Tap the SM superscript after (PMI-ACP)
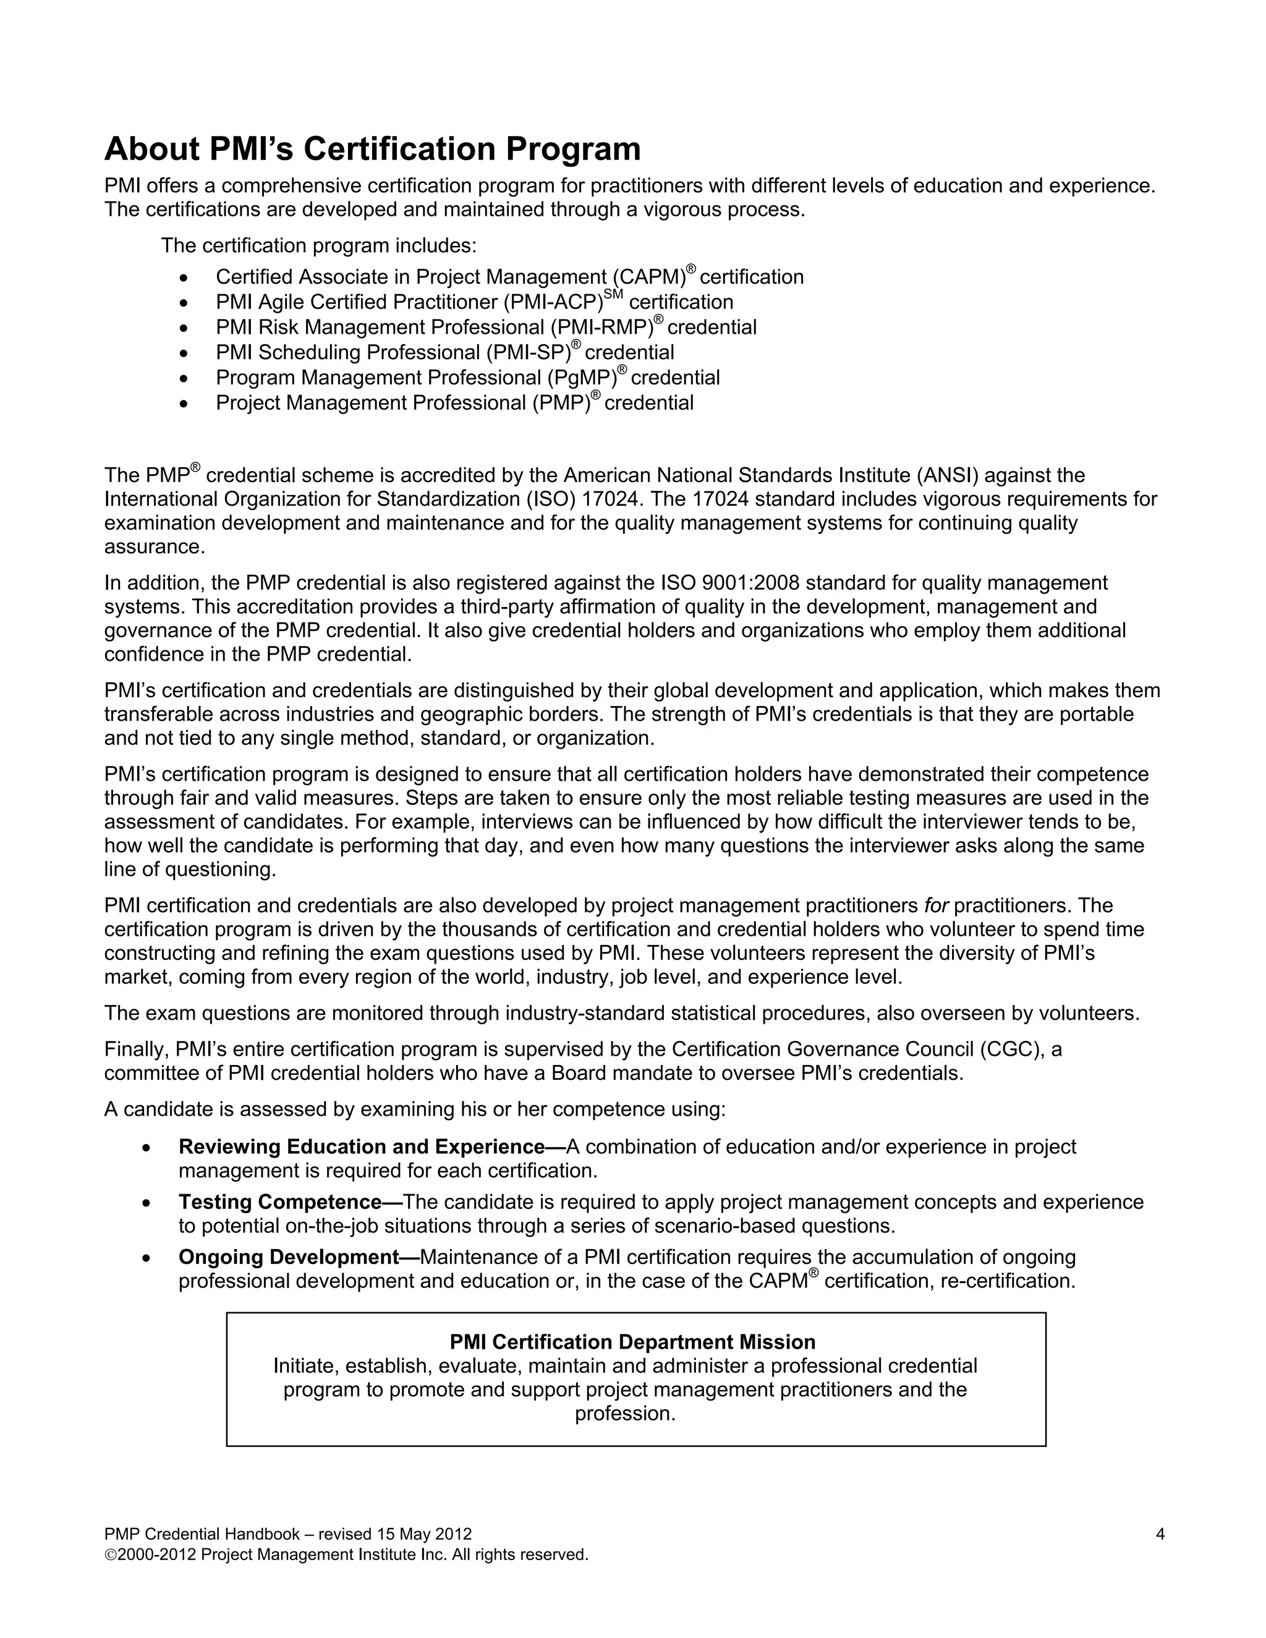[613, 294]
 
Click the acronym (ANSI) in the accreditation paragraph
[949, 475]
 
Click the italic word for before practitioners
[936, 906]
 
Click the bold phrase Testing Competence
[281, 1202]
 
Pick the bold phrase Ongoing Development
[289, 1257]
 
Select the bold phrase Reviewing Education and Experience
[362, 1147]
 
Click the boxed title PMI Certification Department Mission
[632, 1342]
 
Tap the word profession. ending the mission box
[626, 1414]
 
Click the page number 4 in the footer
[1160, 1535]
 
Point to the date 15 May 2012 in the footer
[425, 1535]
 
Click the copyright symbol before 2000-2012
[109, 1555]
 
